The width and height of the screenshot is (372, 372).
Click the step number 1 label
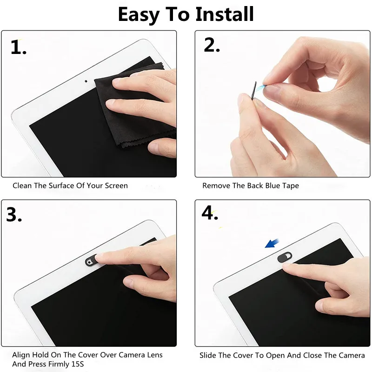pos(19,47)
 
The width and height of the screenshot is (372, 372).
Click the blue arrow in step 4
pos(272,242)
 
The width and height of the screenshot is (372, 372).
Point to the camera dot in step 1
pos(86,80)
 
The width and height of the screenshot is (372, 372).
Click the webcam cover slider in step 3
pos(91,262)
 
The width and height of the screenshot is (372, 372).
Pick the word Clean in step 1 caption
pos(22,186)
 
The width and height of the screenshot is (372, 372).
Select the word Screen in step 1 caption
pos(115,186)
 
